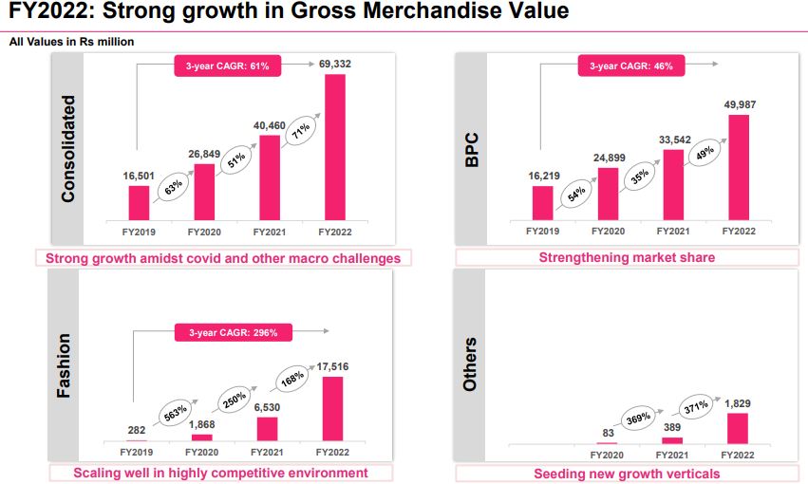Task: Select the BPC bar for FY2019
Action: pyautogui.click(x=542, y=202)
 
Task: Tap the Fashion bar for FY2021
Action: pyautogui.click(x=268, y=429)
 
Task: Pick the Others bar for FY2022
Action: pyautogui.click(x=738, y=428)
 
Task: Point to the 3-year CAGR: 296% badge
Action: pyautogui.click(x=234, y=332)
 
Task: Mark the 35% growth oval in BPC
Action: pyautogui.click(x=639, y=175)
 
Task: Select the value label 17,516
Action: pyautogui.click(x=334, y=365)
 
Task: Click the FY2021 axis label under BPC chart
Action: pyautogui.click(x=673, y=231)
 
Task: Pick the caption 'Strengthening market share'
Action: pyautogui.click(x=627, y=257)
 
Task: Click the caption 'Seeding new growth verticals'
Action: pyautogui.click(x=627, y=473)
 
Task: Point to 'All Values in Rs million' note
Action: pyautogui.click(x=72, y=42)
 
